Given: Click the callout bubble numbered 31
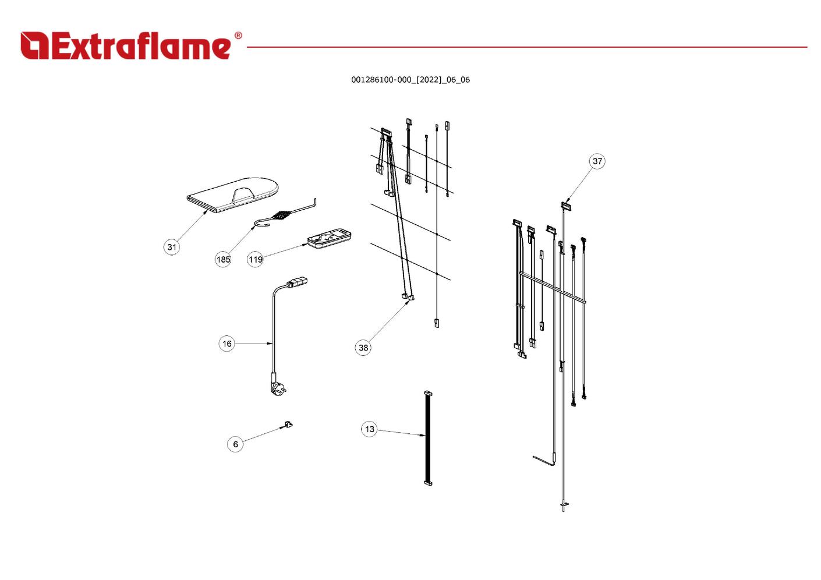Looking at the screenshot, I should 172,247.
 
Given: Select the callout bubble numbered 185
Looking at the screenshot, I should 223,259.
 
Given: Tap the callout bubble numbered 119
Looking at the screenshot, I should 256,259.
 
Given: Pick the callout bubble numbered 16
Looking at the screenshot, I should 227,344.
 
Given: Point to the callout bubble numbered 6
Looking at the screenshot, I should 235,444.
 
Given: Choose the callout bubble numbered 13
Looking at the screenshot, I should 370,429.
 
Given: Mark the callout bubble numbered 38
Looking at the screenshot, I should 363,348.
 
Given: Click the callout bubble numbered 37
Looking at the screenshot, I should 597,161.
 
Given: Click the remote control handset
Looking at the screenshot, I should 329,239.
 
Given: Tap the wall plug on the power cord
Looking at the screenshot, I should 275,386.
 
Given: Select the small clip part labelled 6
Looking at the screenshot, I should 288,424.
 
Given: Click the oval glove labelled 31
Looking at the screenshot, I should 233,194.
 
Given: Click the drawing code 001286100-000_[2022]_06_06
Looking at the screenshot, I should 410,80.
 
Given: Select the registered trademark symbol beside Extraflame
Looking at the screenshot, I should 238,36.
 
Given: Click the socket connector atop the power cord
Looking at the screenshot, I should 296,283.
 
